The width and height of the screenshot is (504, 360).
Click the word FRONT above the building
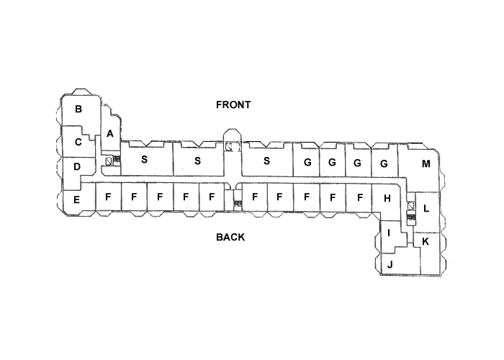[233, 104]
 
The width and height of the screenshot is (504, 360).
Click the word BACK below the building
[230, 237]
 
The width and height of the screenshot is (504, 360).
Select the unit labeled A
[110, 133]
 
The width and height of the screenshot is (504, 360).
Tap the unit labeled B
[78, 109]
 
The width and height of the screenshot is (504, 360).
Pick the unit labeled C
[78, 142]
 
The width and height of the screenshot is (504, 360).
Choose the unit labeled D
[77, 167]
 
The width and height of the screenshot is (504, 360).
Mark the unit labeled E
[77, 198]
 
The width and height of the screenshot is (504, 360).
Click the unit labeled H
[387, 198]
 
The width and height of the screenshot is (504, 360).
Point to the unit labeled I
[389, 233]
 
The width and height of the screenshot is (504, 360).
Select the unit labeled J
[390, 264]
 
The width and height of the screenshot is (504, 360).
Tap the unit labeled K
[426, 241]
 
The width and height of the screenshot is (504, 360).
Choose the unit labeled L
[426, 209]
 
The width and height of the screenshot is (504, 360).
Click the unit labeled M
[426, 163]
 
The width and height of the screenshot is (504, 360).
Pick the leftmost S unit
[144, 159]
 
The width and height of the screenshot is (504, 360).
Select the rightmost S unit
[266, 160]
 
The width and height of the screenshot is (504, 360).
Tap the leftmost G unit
[307, 163]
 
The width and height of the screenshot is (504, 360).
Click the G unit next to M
[384, 163]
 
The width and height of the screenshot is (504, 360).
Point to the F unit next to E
[108, 196]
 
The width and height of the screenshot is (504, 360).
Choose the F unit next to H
[359, 196]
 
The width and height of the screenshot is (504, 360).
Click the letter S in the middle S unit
[197, 160]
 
